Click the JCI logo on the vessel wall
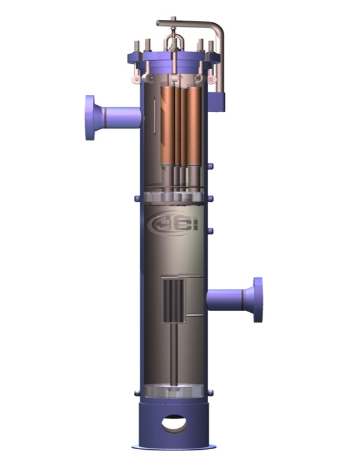[170, 225]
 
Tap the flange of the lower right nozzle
[258, 299]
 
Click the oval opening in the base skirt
[174, 423]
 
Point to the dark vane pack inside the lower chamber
[172, 302]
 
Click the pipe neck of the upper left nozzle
[122, 117]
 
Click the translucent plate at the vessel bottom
[174, 391]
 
